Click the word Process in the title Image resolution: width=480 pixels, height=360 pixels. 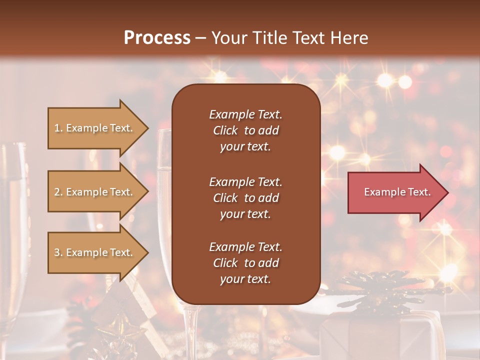[157, 38]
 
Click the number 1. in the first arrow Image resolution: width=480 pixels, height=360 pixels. [58, 128]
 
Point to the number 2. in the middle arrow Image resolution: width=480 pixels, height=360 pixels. [58, 192]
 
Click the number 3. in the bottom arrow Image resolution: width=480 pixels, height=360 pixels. [58, 253]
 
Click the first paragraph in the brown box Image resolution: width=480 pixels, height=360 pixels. [245, 130]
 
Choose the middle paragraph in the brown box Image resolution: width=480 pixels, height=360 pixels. [245, 198]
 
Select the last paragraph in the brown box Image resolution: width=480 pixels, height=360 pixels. [245, 263]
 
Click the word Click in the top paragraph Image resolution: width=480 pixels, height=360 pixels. [225, 130]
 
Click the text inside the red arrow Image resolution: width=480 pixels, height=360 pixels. [397, 192]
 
